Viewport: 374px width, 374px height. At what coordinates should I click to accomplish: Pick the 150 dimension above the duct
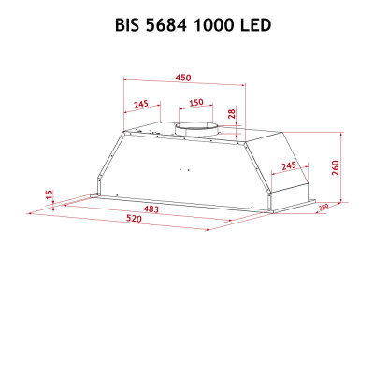pos(196,103)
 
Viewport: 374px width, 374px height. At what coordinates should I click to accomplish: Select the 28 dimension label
pos(233,114)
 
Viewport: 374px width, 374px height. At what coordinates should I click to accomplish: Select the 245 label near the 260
pos(288,165)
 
